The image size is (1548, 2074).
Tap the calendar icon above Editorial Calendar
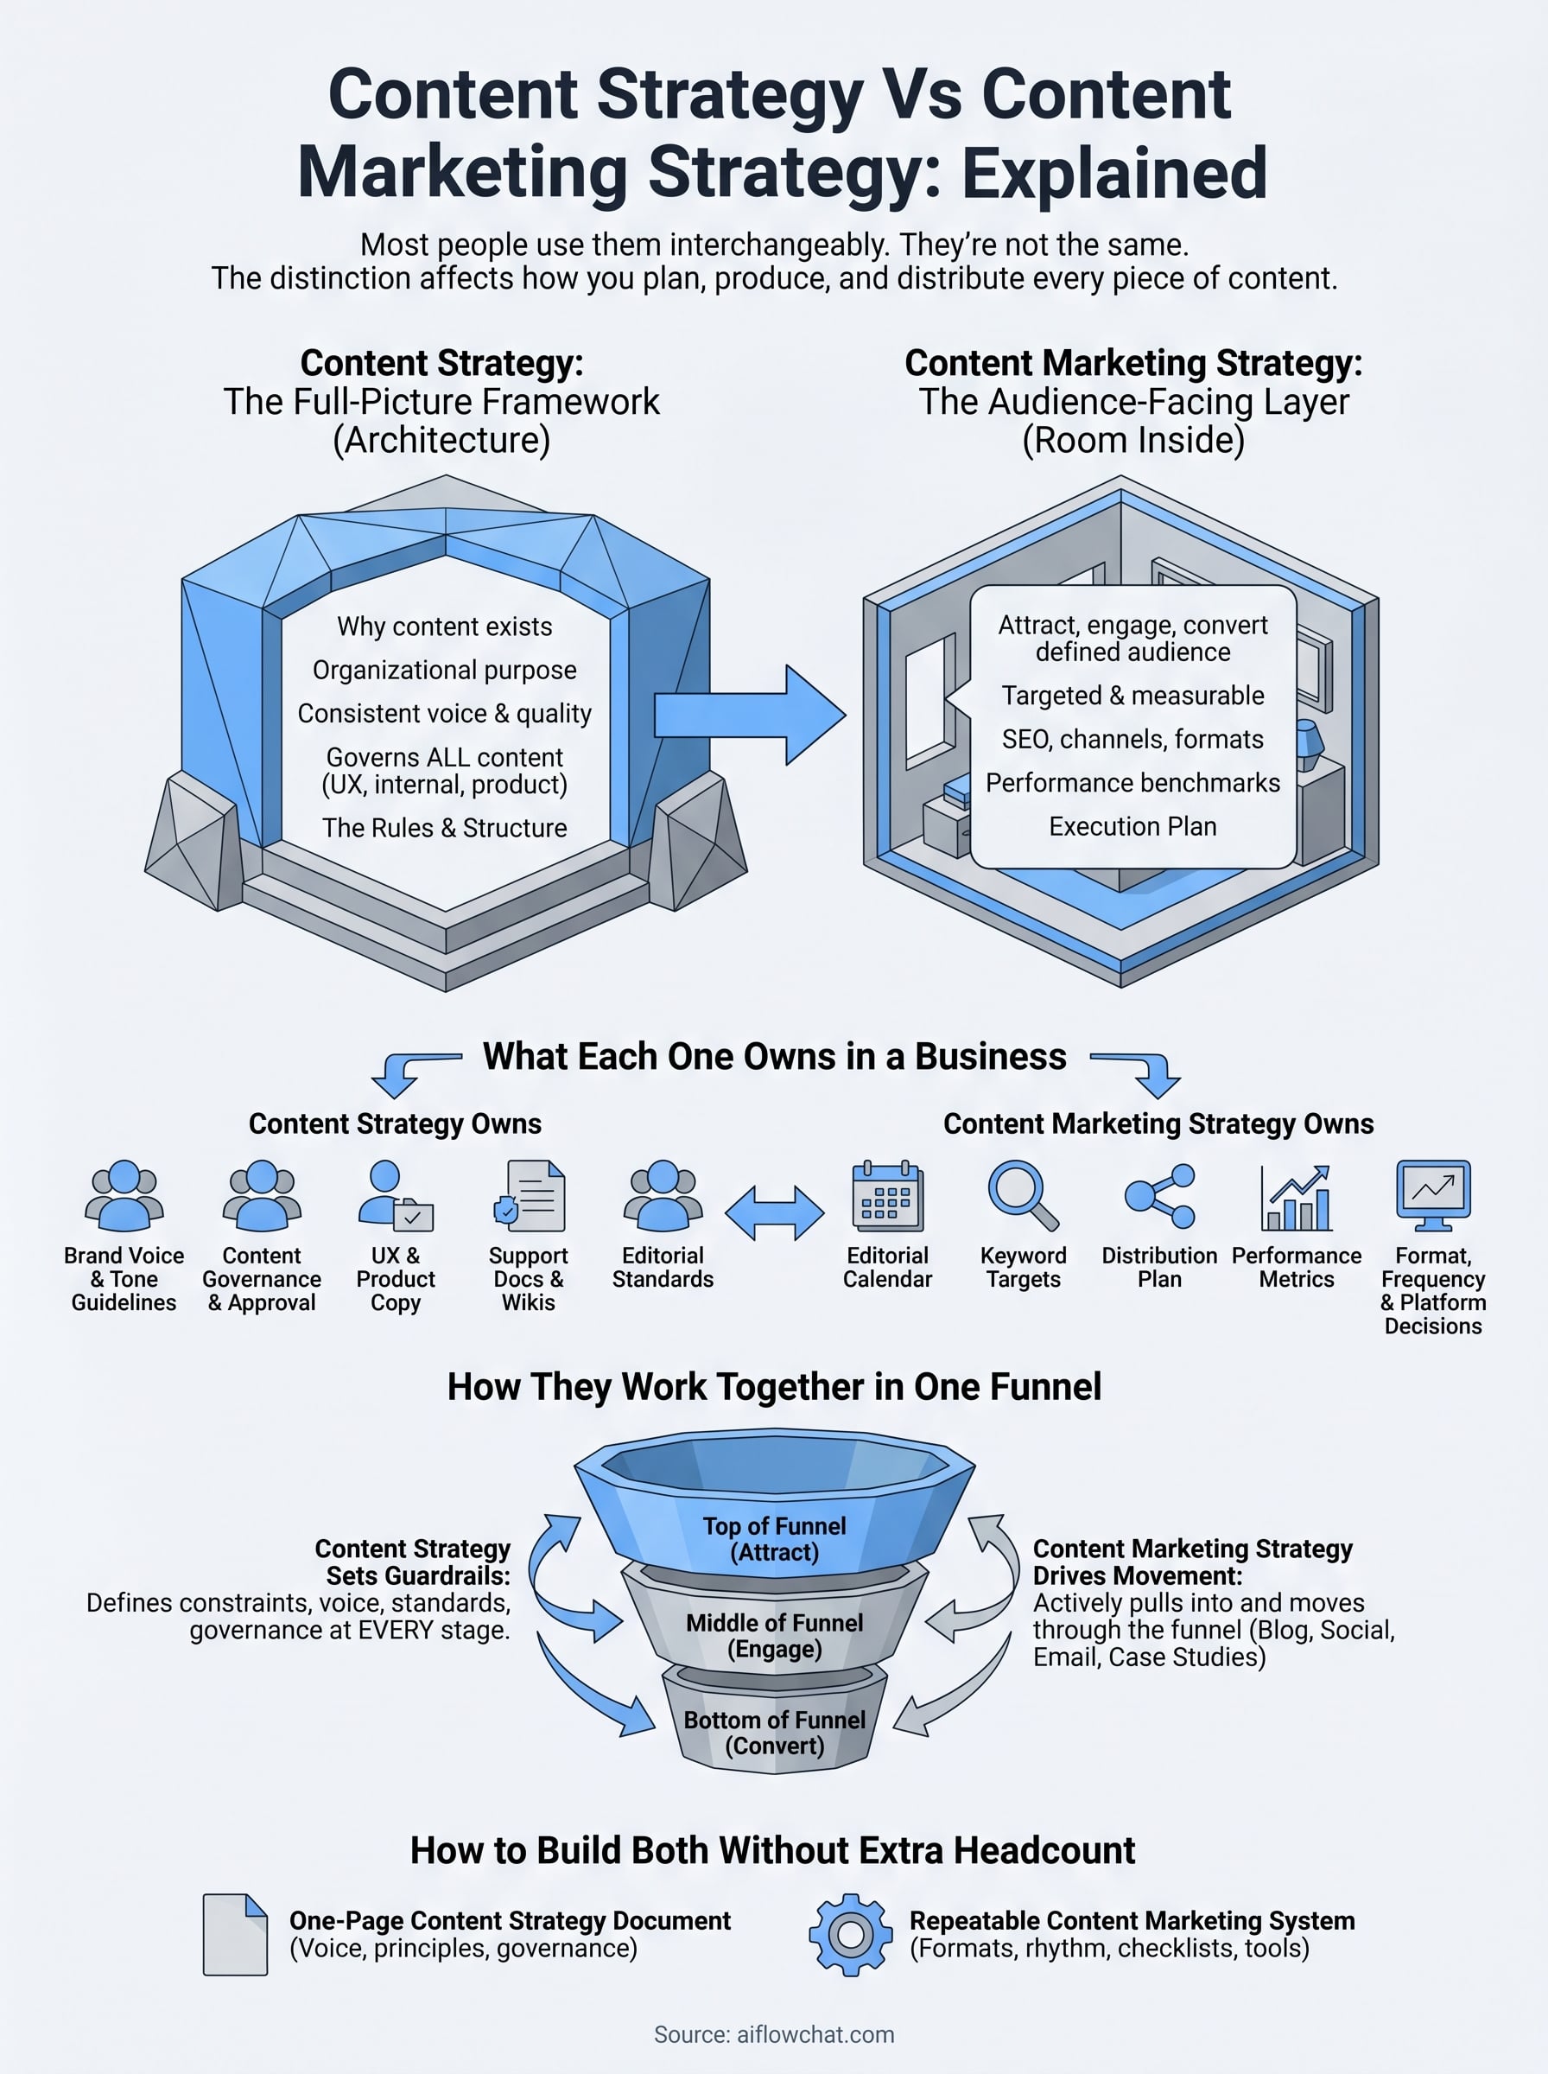click(887, 1196)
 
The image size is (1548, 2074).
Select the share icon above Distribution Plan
click(1160, 1196)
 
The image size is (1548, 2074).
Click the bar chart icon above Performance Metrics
click(1296, 1197)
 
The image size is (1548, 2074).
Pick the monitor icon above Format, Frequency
click(1433, 1195)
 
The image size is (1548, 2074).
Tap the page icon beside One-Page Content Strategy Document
click(235, 1934)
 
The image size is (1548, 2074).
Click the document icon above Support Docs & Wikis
click(530, 1196)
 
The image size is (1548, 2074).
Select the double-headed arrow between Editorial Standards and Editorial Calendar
click(775, 1212)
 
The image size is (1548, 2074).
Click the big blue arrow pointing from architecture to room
click(750, 715)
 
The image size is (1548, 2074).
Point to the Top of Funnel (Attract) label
click(775, 1539)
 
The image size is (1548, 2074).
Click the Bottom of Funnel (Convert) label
click(775, 1733)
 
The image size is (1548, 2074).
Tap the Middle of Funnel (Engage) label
click(775, 1635)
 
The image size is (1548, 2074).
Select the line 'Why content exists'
click(445, 626)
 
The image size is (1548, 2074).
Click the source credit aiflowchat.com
click(774, 2034)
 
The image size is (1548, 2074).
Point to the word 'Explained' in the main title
click(1115, 173)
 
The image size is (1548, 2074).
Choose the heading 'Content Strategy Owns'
click(395, 1123)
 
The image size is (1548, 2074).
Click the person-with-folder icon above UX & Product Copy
click(395, 1196)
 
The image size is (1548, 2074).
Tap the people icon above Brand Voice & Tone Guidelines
click(124, 1196)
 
